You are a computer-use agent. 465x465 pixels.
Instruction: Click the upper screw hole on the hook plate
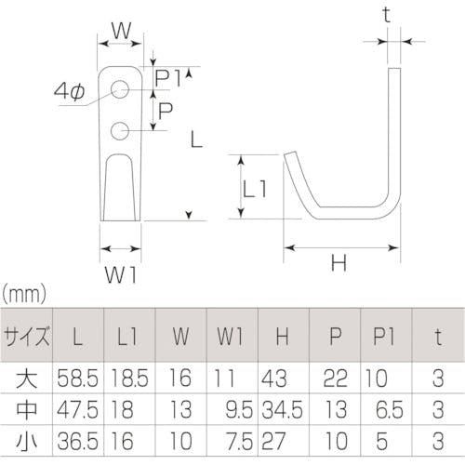tap(120, 89)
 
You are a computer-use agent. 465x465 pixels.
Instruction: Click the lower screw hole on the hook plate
tap(120, 130)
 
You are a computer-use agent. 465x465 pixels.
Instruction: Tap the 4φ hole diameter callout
tap(69, 92)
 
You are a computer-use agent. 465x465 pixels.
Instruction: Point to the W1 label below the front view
tap(121, 274)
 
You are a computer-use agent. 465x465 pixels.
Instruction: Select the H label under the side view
tap(339, 263)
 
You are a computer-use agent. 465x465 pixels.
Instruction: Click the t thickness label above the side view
tap(386, 15)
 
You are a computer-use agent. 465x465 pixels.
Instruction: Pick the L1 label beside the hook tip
tap(254, 189)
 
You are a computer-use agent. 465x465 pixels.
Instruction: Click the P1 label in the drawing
tap(167, 78)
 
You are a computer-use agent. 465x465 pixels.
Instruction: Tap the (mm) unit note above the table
tap(24, 294)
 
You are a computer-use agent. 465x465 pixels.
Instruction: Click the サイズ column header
tap(26, 336)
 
